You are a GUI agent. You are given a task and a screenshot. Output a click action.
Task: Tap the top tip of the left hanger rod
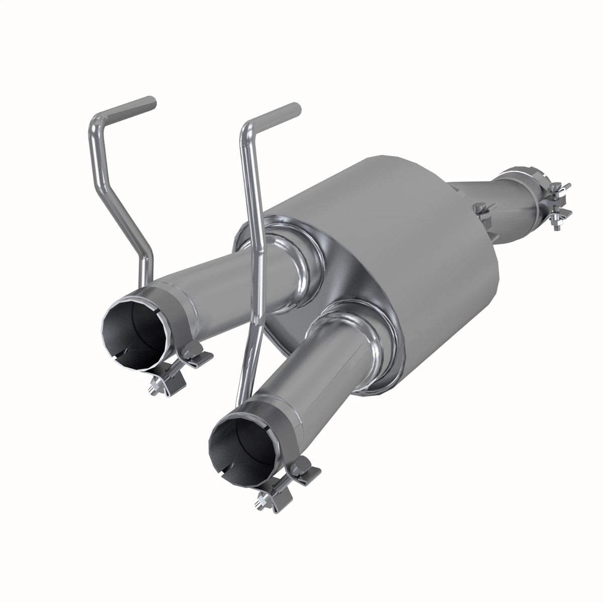point(151,102)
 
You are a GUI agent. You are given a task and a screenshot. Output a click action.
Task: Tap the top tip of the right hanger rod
point(295,108)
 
